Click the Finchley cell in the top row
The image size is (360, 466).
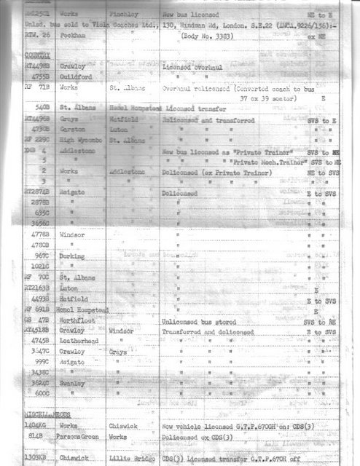pos(127,14)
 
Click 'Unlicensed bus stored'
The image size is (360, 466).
pos(196,320)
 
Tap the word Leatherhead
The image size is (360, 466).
pos(79,340)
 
